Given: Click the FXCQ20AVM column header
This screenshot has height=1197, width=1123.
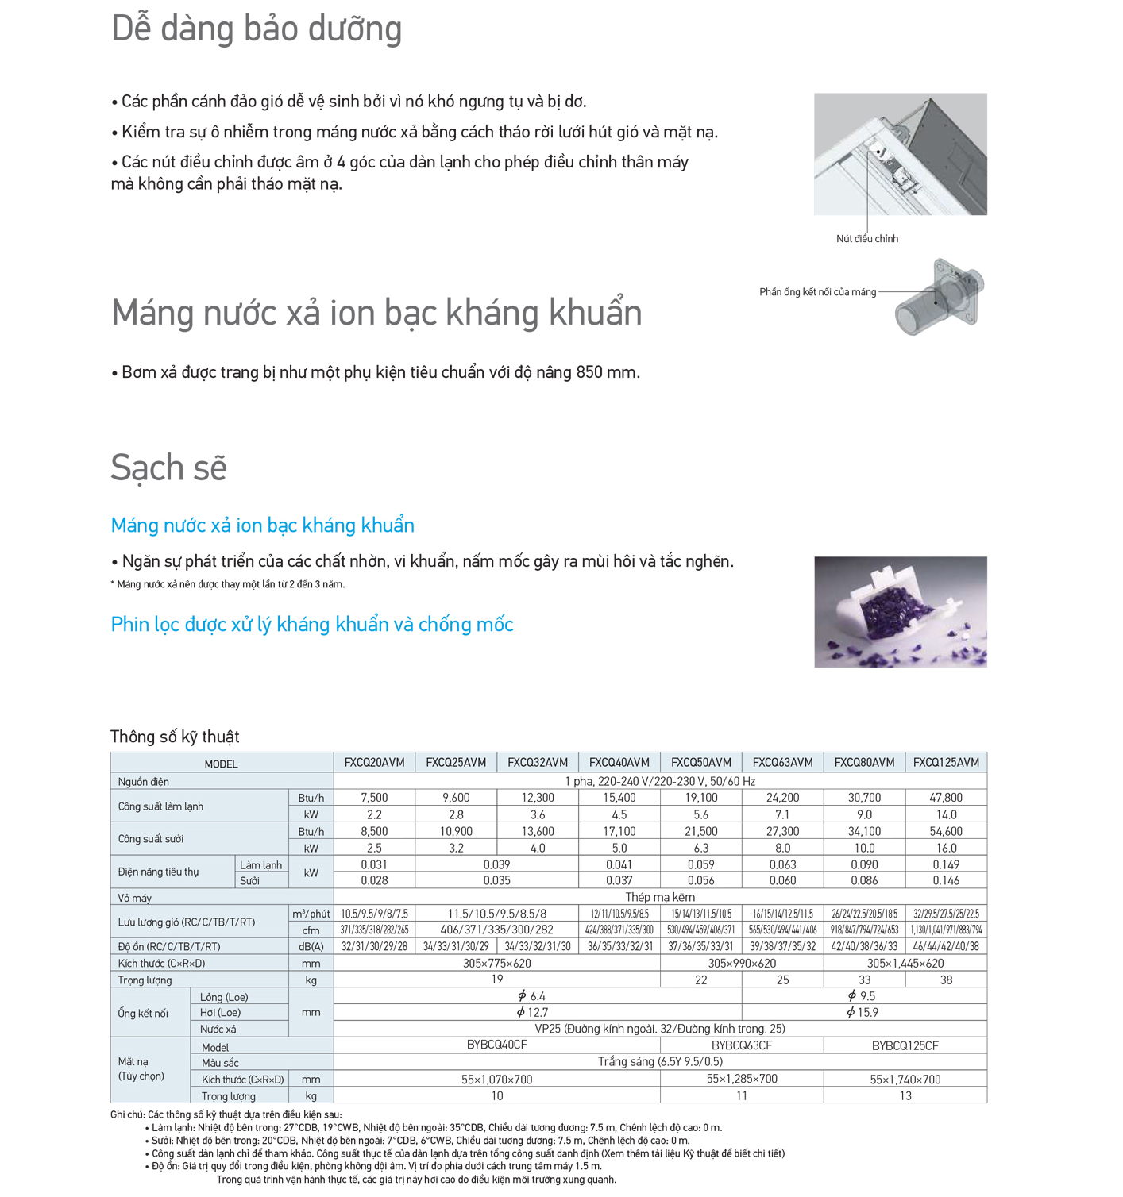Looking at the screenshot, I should tap(374, 762).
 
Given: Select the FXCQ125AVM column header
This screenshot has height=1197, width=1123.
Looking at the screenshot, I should tap(946, 762).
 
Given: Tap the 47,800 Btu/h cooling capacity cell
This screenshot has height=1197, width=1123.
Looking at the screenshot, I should tap(946, 798).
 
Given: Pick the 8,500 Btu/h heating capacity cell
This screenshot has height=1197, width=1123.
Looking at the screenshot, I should tap(374, 832).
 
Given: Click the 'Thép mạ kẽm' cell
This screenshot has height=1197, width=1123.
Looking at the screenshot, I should tap(660, 897).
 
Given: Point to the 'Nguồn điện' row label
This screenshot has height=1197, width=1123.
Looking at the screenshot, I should tap(144, 782).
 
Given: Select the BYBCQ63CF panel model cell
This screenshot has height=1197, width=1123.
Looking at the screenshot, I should tap(742, 1045).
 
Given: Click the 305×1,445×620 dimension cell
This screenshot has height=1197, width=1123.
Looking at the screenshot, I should tap(905, 964).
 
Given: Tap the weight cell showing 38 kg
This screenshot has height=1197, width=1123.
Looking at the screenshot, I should tap(946, 980).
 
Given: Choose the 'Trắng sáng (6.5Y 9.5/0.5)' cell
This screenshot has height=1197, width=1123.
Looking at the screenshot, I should tap(660, 1062).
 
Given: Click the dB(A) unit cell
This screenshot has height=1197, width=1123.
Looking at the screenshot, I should tap(311, 947).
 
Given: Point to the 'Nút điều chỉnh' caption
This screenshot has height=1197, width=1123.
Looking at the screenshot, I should tap(867, 238).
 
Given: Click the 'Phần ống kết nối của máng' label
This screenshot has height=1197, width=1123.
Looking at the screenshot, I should tap(817, 292).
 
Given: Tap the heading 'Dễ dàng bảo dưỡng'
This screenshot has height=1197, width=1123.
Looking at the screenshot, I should tap(257, 29).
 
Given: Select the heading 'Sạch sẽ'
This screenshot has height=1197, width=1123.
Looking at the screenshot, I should tap(169, 468).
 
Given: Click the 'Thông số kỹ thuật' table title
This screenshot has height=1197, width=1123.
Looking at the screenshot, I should tap(175, 737).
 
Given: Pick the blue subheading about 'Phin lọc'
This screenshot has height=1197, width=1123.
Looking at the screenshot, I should tap(312, 625).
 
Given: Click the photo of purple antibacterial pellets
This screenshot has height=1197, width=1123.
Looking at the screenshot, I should tap(901, 612).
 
